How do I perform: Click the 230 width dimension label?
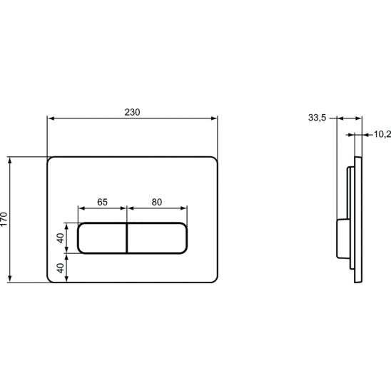pyautogui.click(x=132, y=112)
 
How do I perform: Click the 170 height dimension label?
pyautogui.click(x=4, y=219)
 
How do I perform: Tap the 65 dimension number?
pyautogui.click(x=102, y=202)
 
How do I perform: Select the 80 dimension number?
pyautogui.click(x=157, y=202)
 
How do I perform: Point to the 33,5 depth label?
pyautogui.click(x=317, y=118)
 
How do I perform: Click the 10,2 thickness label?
pyautogui.click(x=382, y=134)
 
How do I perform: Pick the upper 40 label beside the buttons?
pyautogui.click(x=61, y=238)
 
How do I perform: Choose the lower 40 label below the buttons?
pyautogui.click(x=61, y=268)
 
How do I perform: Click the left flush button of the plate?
pyautogui.click(x=102, y=238)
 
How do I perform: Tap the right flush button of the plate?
pyautogui.click(x=157, y=238)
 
